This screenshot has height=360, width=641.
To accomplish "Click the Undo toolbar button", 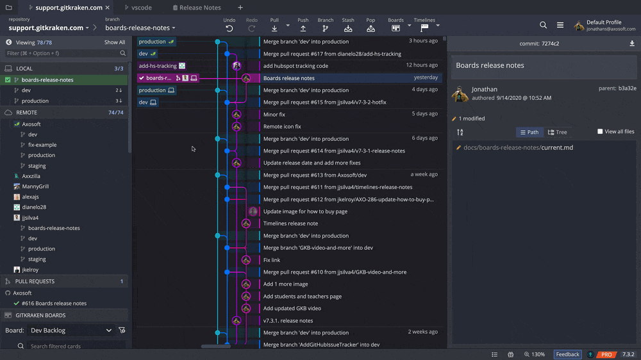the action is pyautogui.click(x=229, y=25).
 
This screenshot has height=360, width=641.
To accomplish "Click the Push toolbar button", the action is pyautogui.click(x=303, y=25).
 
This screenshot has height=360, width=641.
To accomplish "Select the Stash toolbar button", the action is pyautogui.click(x=348, y=25).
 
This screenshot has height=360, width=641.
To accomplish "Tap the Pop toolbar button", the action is pyautogui.click(x=370, y=25).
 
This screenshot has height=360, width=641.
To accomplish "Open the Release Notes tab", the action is pyautogui.click(x=197, y=7).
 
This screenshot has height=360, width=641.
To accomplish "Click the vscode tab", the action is pyautogui.click(x=138, y=7).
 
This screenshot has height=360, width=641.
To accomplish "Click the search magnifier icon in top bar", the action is pyautogui.click(x=544, y=25).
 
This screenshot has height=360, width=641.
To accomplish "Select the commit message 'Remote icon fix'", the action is pyautogui.click(x=282, y=126).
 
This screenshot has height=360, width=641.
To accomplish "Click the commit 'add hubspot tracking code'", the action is pyautogui.click(x=296, y=65).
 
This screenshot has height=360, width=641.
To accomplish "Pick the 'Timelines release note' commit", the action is pyautogui.click(x=290, y=224).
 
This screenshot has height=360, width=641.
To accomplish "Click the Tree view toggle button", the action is pyautogui.click(x=558, y=132).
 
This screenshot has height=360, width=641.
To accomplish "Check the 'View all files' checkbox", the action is pyautogui.click(x=600, y=131).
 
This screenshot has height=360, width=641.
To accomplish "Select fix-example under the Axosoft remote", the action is pyautogui.click(x=42, y=145).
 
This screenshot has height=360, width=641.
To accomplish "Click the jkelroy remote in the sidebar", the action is pyautogui.click(x=30, y=270).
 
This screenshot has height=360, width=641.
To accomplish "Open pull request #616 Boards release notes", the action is pyautogui.click(x=54, y=303).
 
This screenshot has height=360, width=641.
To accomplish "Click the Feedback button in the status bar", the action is pyautogui.click(x=567, y=354).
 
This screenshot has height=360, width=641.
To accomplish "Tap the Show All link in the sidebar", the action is pyautogui.click(x=115, y=42).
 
